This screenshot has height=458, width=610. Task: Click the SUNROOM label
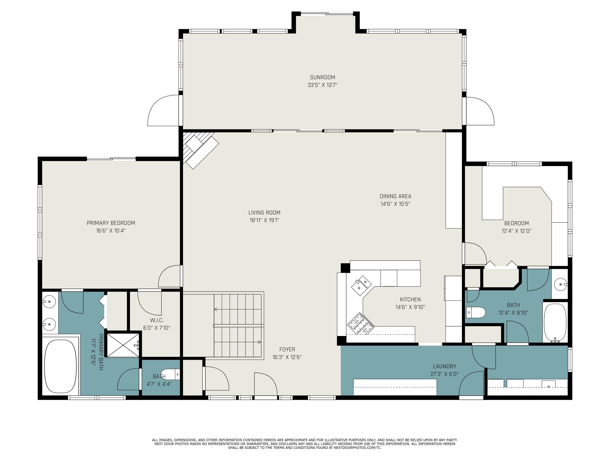322,77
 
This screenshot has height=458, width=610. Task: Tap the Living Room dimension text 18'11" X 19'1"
264,220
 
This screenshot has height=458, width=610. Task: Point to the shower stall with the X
123,345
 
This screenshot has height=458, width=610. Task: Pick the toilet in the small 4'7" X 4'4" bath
170,374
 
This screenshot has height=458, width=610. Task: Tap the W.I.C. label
157,320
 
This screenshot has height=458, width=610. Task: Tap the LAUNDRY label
444,366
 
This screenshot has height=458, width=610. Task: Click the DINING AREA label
395,196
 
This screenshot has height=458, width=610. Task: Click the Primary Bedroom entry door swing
169,276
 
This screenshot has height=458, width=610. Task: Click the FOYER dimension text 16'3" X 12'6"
287,357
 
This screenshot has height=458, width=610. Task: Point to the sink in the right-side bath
560,284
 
